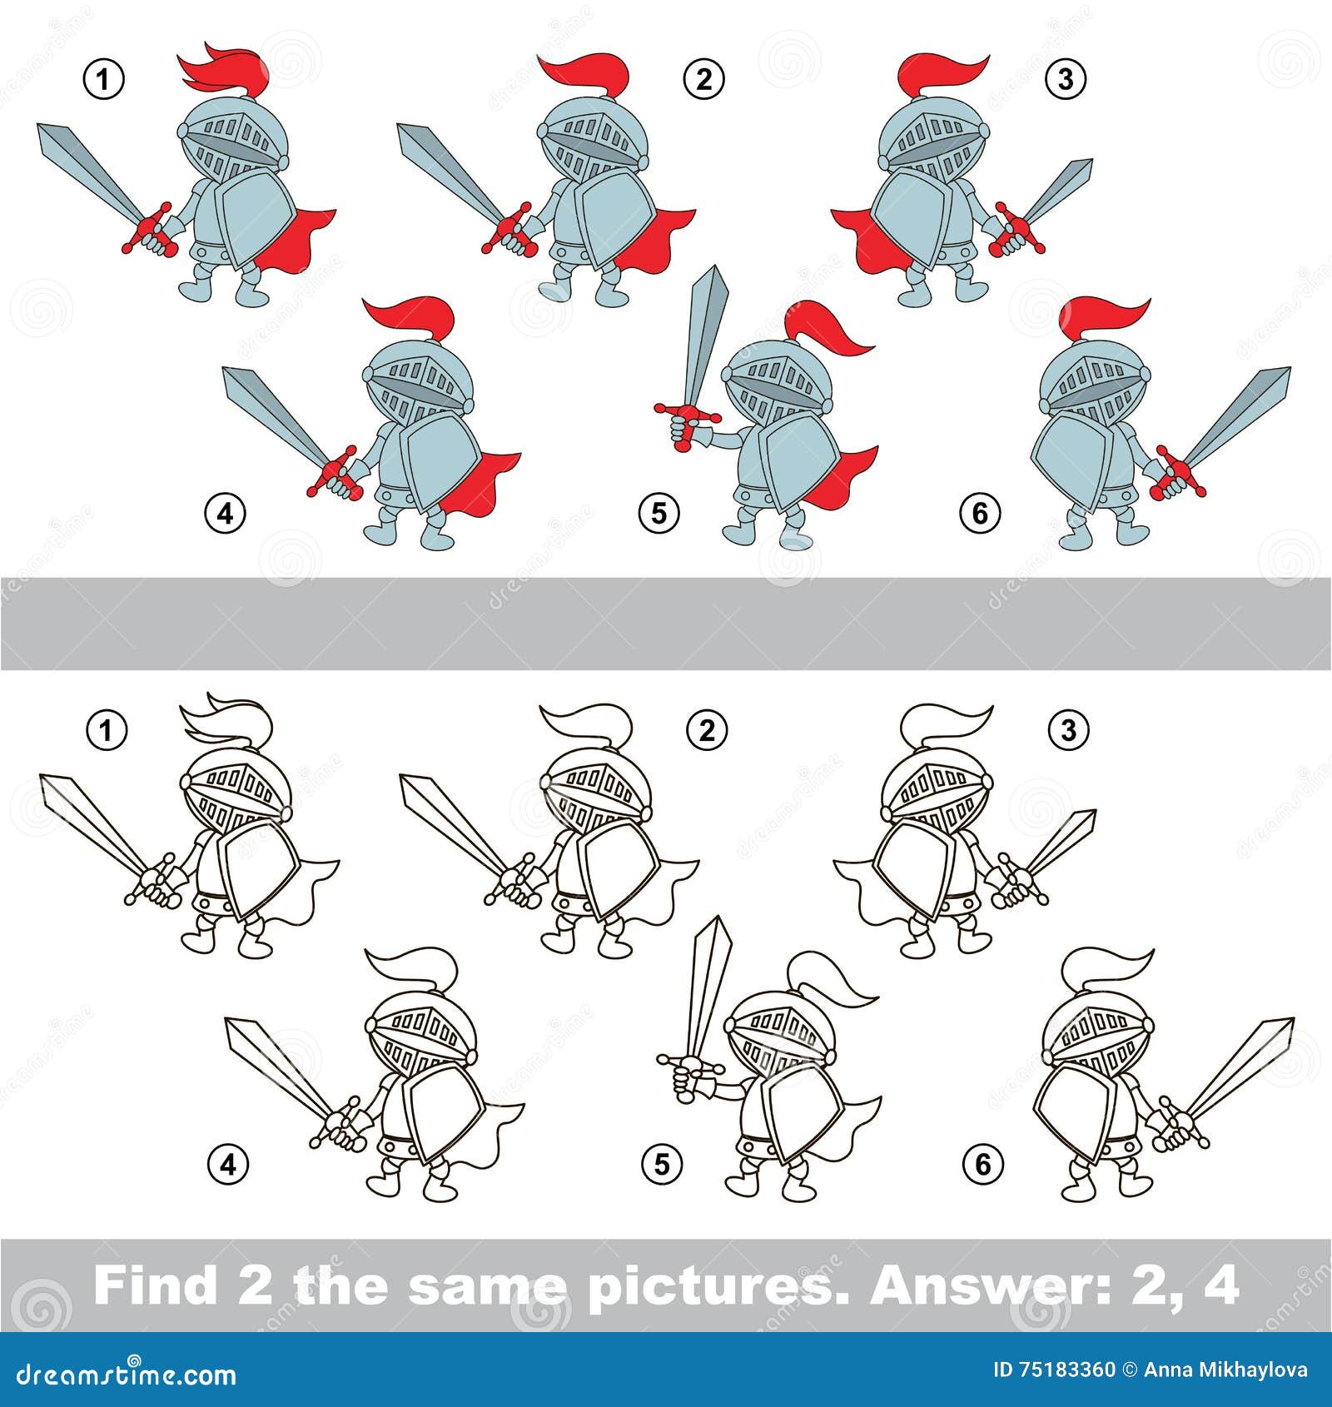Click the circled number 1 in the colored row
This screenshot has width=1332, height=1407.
(x=104, y=80)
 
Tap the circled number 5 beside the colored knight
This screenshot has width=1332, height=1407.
(x=659, y=513)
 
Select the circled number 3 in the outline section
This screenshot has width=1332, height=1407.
(x=1068, y=730)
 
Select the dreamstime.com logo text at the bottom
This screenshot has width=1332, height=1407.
(x=127, y=1373)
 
